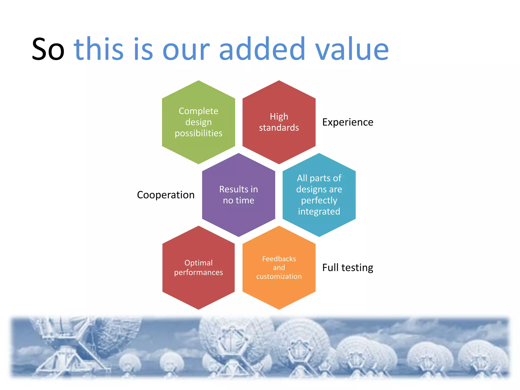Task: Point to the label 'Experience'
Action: coord(348,122)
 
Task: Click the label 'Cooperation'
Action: coord(166,195)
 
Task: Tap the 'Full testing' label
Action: coord(348,268)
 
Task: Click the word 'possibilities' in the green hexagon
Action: coord(199,133)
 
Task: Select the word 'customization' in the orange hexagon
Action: coord(279,276)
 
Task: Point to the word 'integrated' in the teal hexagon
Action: coord(319,212)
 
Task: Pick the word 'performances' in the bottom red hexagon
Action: coord(198,272)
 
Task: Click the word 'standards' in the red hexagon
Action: coord(279,128)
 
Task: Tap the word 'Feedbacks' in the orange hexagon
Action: coord(279,259)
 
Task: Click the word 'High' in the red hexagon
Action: coord(279,117)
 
